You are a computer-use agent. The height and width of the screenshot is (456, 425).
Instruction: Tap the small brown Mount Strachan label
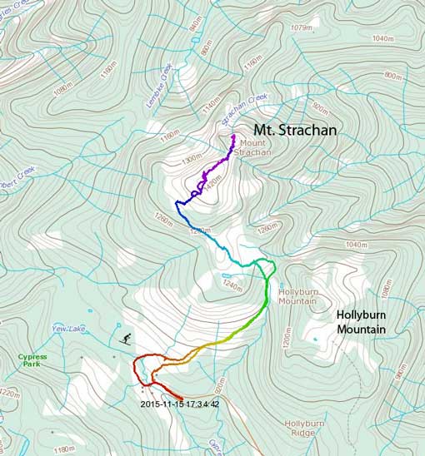pyautogui.click(x=247, y=147)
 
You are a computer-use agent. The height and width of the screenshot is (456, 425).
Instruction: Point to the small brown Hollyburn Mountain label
pyautogui.click(x=299, y=297)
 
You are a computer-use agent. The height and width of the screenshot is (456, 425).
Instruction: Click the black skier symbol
pyautogui.click(x=126, y=339)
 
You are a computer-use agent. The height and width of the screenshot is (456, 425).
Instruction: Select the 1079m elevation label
pyautogui.click(x=300, y=27)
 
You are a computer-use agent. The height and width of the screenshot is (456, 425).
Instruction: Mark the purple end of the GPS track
pyautogui.click(x=234, y=136)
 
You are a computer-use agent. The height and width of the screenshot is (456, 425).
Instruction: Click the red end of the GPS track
pyautogui.click(x=182, y=397)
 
